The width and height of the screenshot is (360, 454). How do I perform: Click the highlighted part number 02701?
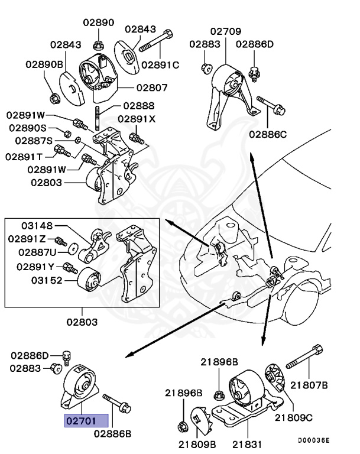pyautogui.click(x=86, y=421)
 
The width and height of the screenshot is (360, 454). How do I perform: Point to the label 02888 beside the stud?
pyautogui.click(x=139, y=106)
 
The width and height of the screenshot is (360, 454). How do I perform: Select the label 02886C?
pyautogui.click(x=267, y=134)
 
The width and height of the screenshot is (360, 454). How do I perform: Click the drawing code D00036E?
pyautogui.click(x=313, y=440)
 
